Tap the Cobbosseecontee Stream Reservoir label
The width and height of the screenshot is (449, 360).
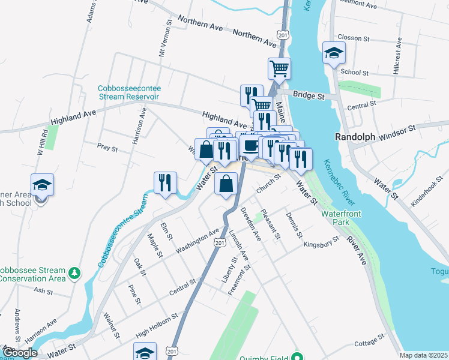click(x=129, y=92)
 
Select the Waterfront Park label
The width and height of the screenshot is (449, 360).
click(x=343, y=218)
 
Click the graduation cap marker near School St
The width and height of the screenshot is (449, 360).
click(x=334, y=53)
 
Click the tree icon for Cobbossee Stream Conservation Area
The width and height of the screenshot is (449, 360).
click(x=74, y=274)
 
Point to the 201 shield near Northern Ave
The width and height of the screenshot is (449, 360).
click(x=283, y=35)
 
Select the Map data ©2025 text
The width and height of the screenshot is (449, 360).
click(x=423, y=355)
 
